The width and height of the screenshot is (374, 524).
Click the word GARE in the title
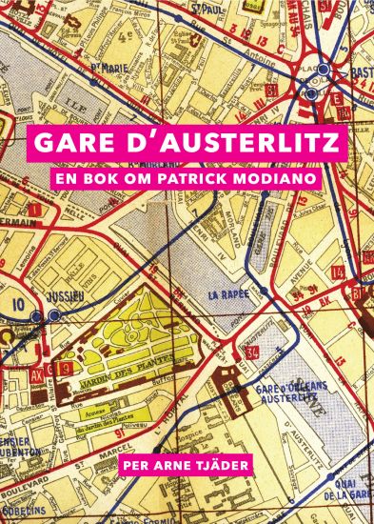70,142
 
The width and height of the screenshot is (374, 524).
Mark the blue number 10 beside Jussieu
15,305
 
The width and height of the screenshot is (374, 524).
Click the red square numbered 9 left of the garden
66,366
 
